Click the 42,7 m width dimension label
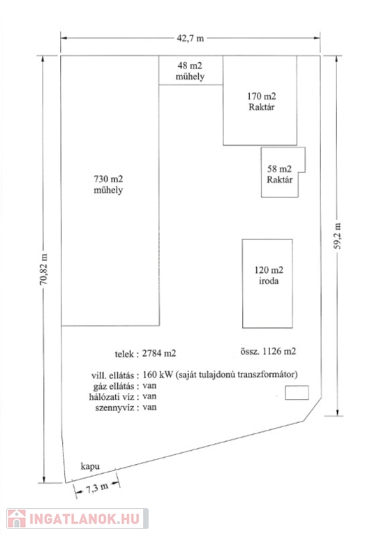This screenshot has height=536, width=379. pyautogui.click(x=190, y=38)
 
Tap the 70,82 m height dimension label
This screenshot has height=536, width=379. pyautogui.click(x=45, y=269)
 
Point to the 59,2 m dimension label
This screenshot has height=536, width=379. pyautogui.click(x=337, y=236)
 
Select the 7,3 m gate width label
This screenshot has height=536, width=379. pyautogui.click(x=97, y=488)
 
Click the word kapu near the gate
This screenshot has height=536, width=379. pyautogui.click(x=90, y=466)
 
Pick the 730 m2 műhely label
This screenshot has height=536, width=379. pyautogui.click(x=108, y=184)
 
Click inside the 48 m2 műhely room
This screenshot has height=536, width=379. pyautogui.click(x=191, y=70)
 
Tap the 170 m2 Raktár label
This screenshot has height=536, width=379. pyautogui.click(x=262, y=101)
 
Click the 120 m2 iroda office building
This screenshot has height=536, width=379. pyautogui.click(x=267, y=284)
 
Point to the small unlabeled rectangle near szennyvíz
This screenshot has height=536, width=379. pyautogui.click(x=297, y=392)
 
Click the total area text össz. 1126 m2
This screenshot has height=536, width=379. pyautogui.click(x=268, y=351)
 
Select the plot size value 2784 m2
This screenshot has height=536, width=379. pyautogui.click(x=159, y=353)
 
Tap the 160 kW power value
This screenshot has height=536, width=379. pyautogui.click(x=157, y=374)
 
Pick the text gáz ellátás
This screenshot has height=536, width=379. pyautogui.click(x=114, y=386)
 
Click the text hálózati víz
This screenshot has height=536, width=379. pyautogui.click(x=112, y=397)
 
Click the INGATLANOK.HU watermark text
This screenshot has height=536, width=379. pyautogui.click(x=84, y=519)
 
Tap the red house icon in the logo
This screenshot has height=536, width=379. pyautogui.click(x=17, y=519)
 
